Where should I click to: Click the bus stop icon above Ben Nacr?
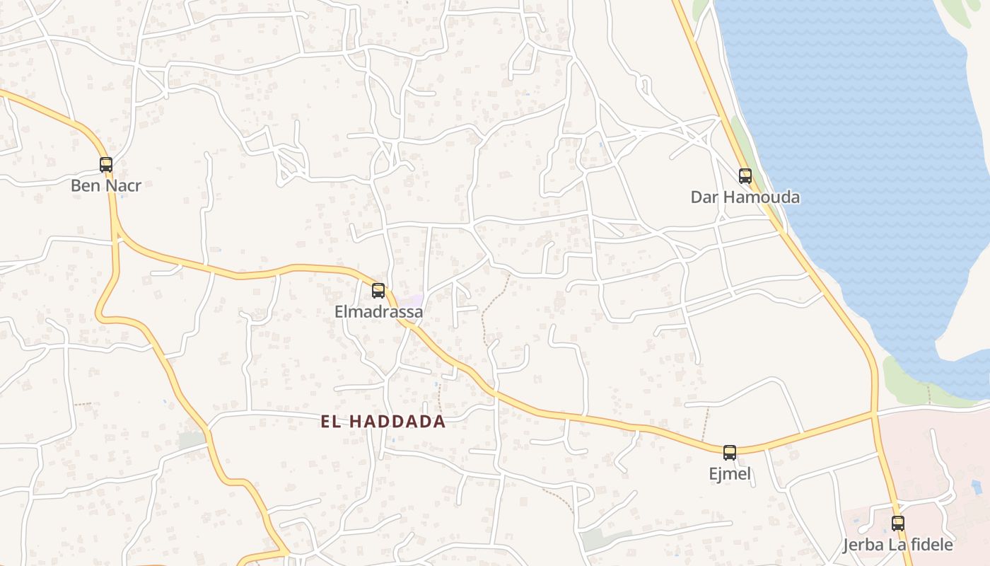tap(106, 165)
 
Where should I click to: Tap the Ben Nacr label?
tap(106, 186)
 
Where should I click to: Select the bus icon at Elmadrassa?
tap(378, 290)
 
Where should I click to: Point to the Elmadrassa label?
tap(378, 312)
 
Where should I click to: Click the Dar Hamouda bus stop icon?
tap(745, 175)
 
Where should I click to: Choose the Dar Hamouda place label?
tap(745, 197)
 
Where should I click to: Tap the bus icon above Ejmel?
tap(730, 452)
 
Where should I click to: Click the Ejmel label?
tap(730, 474)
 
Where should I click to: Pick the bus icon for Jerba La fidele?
tap(898, 524)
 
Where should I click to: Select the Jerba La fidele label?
tap(898, 545)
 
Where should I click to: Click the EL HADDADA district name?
tap(383, 422)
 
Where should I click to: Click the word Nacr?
tap(124, 186)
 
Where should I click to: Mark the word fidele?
tap(929, 545)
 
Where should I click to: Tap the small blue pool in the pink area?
tap(977, 487)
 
